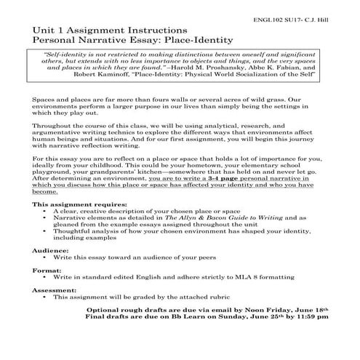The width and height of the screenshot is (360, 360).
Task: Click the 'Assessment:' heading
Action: [x=55, y=289]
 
